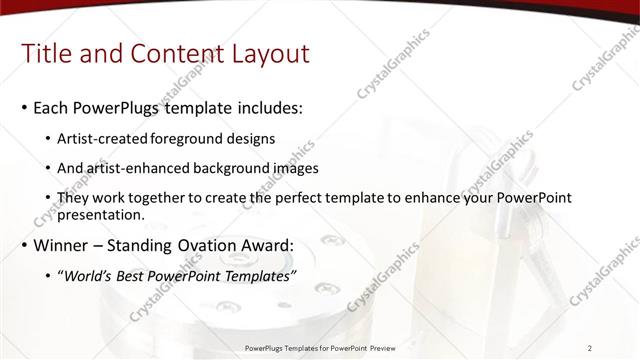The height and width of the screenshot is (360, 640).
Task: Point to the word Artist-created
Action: [105, 138]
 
